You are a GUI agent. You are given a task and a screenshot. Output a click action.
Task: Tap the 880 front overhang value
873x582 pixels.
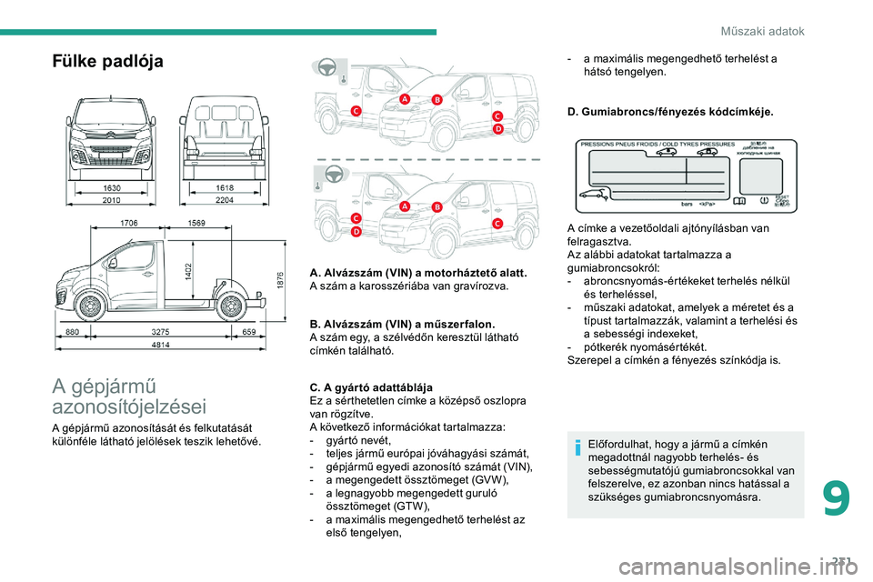coord(72,333)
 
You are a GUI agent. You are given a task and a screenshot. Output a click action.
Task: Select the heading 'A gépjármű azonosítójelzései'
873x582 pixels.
coord(129,396)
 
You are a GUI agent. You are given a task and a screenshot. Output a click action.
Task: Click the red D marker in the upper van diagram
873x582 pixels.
coord(497,131)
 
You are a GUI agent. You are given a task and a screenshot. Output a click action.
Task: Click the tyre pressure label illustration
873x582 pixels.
coord(686,176)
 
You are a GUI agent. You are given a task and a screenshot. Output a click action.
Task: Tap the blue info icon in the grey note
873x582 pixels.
coord(579,446)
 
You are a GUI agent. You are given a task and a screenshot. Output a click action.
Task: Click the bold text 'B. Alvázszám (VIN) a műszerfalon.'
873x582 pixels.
coord(402,324)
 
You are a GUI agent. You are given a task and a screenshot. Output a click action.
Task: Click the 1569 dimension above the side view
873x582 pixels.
coord(196,222)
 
